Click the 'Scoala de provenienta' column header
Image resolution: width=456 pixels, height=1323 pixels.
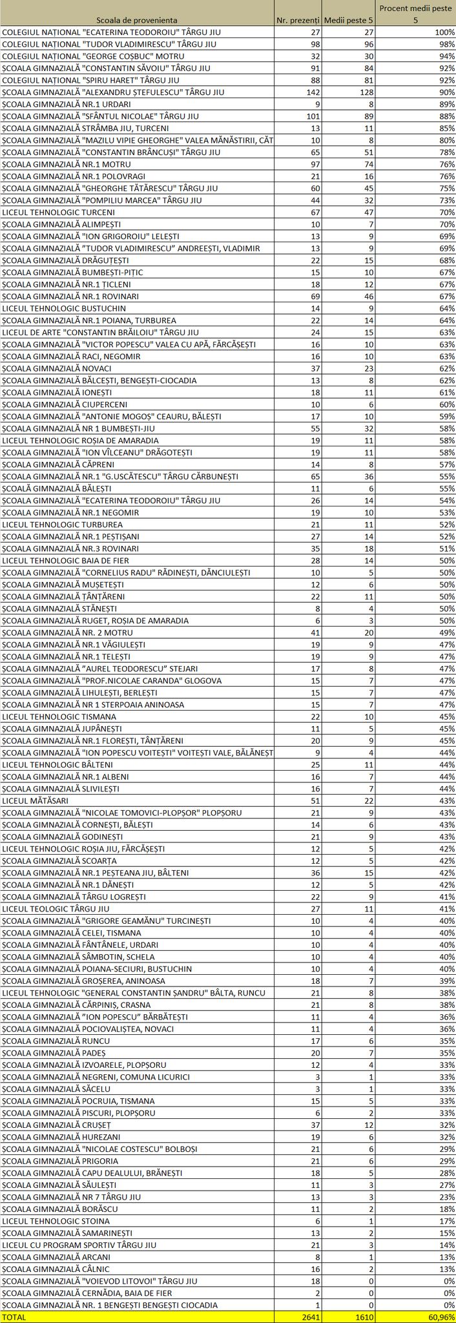pyautogui.click(x=136, y=21)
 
